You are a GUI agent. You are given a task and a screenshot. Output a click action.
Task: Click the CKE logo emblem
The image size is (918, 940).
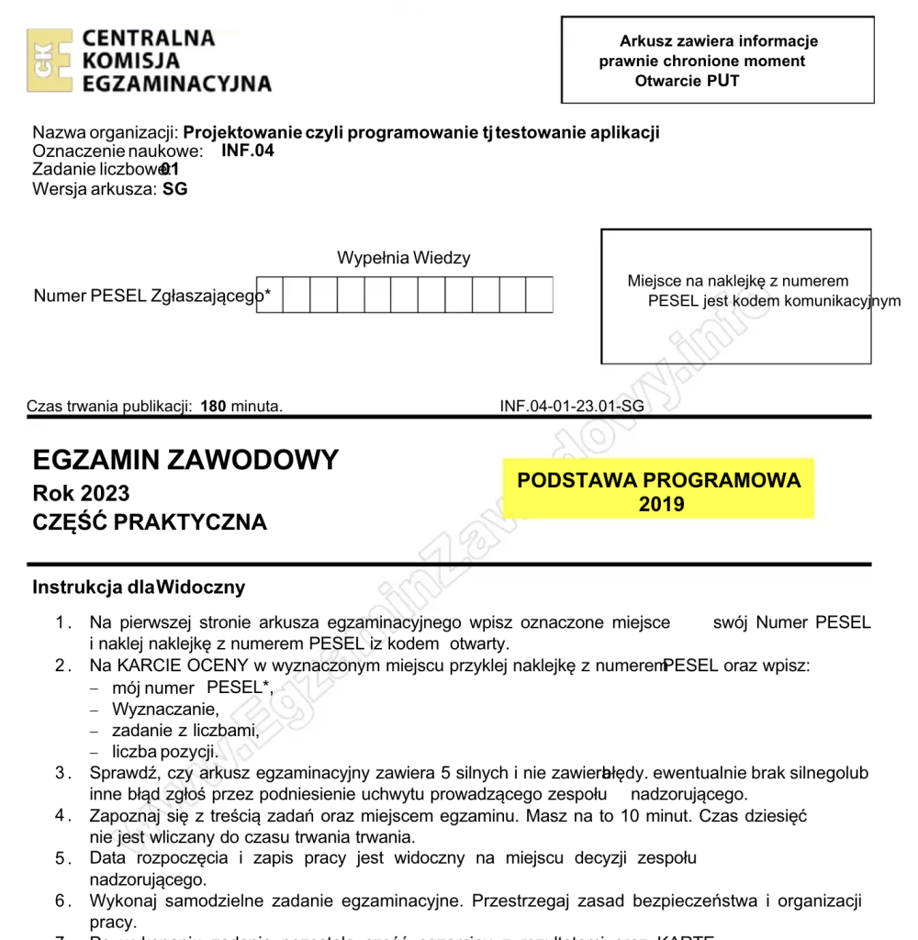48,61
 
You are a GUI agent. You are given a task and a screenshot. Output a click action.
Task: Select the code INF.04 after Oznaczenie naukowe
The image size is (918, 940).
248,151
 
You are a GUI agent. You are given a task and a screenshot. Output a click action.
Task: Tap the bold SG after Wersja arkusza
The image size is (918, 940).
175,190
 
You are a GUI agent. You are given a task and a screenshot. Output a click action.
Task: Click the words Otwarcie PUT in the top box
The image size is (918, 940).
687,81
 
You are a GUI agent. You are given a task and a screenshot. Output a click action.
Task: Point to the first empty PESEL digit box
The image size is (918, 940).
270,295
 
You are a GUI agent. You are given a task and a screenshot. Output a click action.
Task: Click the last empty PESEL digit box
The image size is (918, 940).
540,295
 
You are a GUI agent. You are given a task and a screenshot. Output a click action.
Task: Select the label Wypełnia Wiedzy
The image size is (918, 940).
404,258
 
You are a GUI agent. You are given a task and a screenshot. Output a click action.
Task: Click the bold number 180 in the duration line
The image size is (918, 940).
213,406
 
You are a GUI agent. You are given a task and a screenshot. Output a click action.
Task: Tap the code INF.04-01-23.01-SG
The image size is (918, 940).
571,406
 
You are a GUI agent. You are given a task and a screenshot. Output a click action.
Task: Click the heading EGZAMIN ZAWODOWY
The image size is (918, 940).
185,460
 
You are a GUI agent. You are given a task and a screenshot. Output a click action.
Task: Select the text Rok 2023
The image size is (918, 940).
81,494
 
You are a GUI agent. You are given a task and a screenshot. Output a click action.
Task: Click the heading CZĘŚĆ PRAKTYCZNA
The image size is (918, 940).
150,523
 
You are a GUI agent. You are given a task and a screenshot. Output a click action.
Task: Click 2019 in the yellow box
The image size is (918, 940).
661,504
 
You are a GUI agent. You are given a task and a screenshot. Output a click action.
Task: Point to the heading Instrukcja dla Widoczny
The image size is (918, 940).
139,587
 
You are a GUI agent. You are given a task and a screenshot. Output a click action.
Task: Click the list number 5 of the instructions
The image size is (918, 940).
61,859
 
